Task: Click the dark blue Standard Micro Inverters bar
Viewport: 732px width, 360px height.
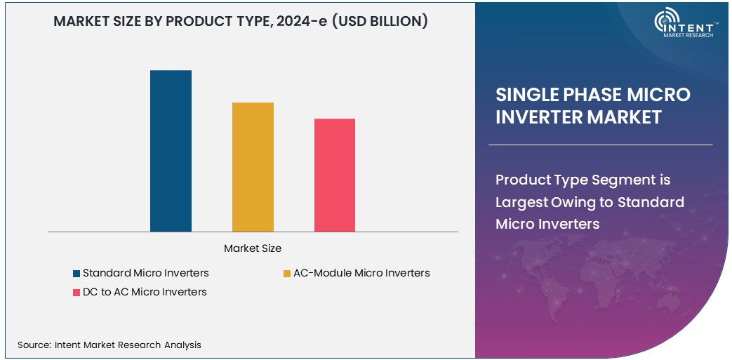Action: (x=171, y=151)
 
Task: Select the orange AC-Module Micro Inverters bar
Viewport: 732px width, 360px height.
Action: (x=253, y=167)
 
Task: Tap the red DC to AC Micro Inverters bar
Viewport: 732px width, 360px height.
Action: (x=335, y=175)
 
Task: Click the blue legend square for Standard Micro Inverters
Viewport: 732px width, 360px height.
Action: (x=76, y=273)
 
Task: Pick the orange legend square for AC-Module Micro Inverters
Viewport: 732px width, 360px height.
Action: (x=287, y=273)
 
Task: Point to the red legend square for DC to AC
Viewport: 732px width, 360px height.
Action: (x=76, y=292)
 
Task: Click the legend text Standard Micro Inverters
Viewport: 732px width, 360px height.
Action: (x=145, y=273)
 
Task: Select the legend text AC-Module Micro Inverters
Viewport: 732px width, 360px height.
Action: (x=361, y=273)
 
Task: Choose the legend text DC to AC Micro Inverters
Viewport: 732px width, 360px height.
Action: (x=145, y=292)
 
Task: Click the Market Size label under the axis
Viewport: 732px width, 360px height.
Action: (x=253, y=248)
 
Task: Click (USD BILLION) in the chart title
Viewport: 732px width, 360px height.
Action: (x=380, y=21)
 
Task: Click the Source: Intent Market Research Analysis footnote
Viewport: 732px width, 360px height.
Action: (x=109, y=345)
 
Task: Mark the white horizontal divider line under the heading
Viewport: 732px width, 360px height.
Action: (x=600, y=145)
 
